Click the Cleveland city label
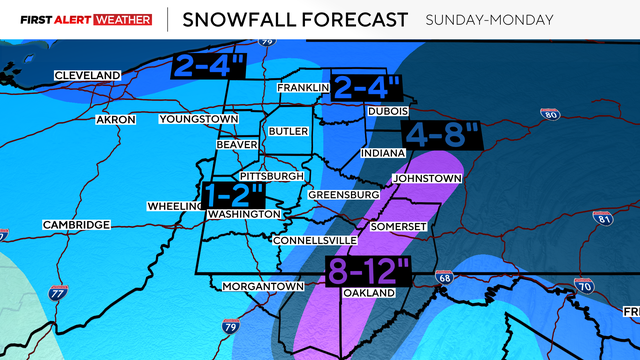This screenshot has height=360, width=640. pyautogui.click(x=87, y=76)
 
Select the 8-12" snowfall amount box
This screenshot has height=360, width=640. pyautogui.click(x=369, y=270)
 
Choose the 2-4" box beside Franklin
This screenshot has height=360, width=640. pyautogui.click(x=367, y=88)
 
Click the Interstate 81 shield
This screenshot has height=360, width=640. pyautogui.click(x=602, y=218)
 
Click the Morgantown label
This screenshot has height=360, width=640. pyautogui.click(x=263, y=287)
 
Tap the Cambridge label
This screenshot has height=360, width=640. pyautogui.click(x=76, y=225)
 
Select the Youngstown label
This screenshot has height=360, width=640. pyautogui.click(x=198, y=120)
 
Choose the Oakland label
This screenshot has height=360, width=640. pyautogui.click(x=366, y=293)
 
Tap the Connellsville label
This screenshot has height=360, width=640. pyautogui.click(x=313, y=241)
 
